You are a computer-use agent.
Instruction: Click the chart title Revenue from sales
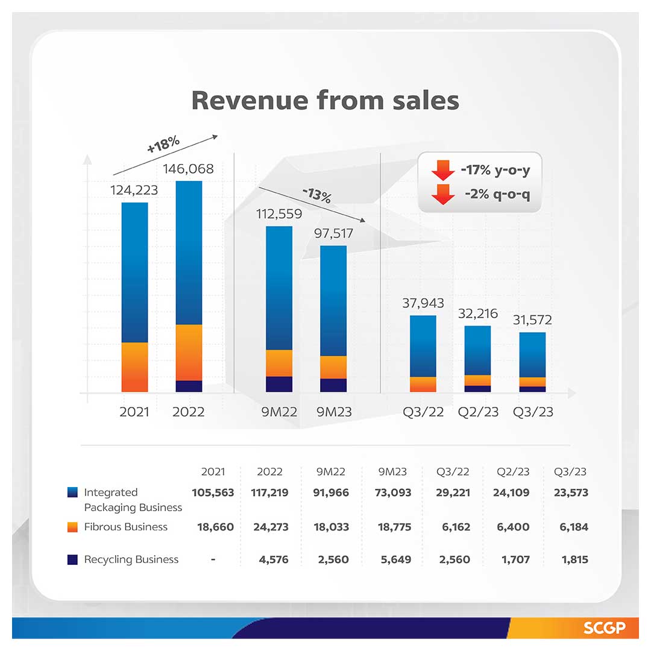(325, 100)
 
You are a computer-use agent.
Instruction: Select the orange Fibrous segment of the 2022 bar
(189, 353)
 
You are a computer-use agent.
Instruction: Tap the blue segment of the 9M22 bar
(279, 288)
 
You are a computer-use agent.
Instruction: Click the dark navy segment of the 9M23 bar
(333, 385)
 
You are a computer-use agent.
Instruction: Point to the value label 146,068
(189, 169)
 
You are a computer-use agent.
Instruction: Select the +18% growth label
(163, 144)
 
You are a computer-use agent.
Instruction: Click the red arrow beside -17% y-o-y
(443, 170)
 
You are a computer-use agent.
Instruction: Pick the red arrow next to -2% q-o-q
(443, 195)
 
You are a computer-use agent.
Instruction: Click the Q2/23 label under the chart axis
(478, 412)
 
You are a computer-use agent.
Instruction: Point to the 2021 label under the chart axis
(134, 412)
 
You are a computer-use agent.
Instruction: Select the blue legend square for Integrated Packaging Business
(72, 492)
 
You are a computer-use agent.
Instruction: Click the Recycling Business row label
(131, 559)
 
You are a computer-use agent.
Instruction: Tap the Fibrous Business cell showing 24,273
(269, 527)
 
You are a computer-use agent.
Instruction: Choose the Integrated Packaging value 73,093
(392, 492)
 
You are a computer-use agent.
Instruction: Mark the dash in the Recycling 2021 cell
(213, 559)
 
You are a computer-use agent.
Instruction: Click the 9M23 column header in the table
(392, 471)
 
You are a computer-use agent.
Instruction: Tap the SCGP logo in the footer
(602, 628)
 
